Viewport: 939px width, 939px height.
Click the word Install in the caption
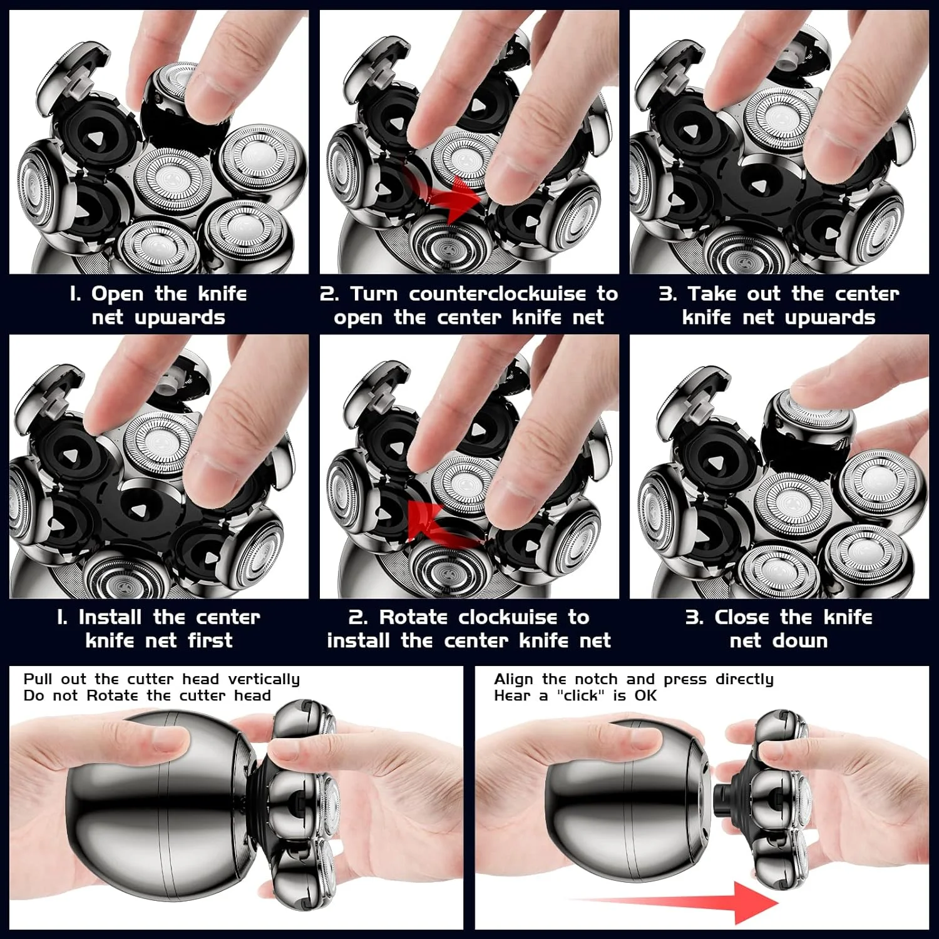113,617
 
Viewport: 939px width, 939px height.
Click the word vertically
264,680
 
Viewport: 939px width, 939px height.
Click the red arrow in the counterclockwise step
445,194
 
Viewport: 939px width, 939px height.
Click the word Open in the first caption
117,294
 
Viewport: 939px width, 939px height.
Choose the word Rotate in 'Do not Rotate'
113,695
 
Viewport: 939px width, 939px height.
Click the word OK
645,695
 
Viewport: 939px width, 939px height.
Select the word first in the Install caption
210,640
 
